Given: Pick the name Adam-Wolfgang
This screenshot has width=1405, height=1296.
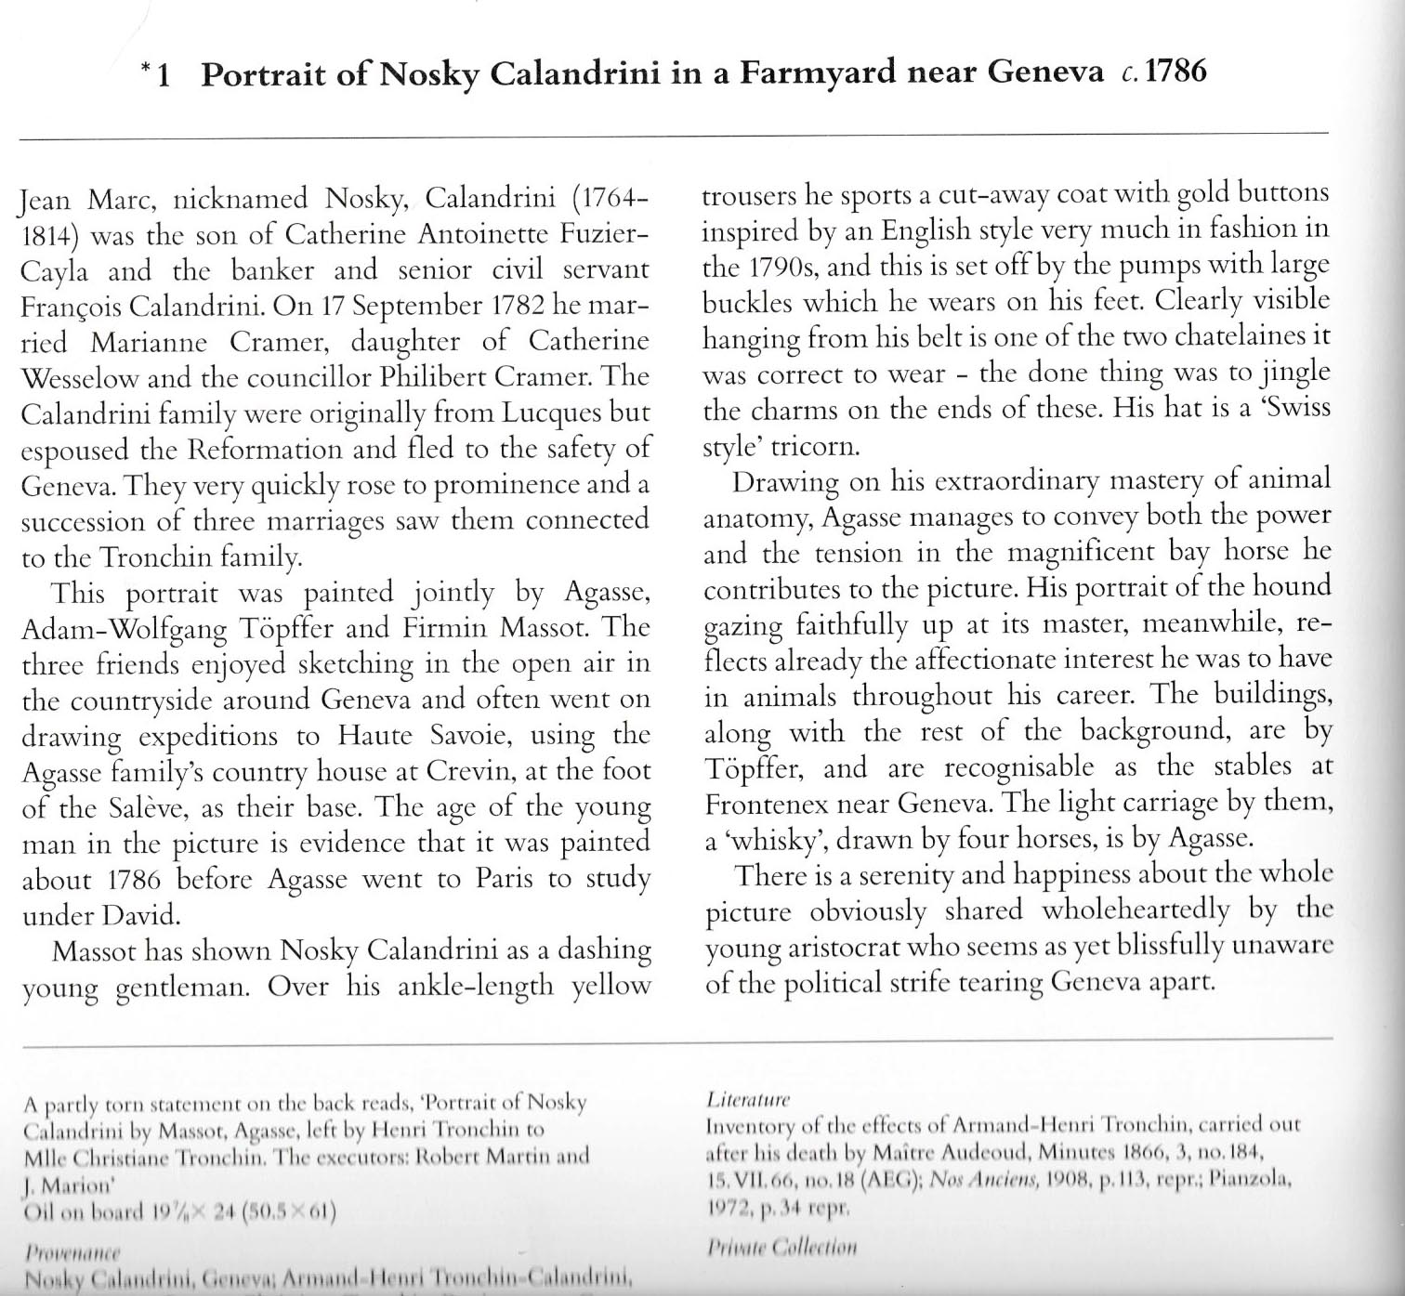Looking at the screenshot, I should pos(111,630).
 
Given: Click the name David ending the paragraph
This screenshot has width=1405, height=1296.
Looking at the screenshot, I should pos(138,916).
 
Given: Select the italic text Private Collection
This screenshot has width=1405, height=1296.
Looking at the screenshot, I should pos(781,1247).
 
